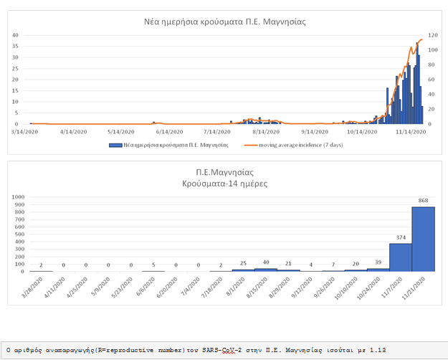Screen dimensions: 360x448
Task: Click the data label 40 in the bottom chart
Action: click(x=265, y=262)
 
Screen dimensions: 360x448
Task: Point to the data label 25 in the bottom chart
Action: click(x=243, y=264)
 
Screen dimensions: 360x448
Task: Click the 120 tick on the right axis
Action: click(x=433, y=35)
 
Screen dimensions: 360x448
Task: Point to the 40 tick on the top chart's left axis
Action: click(x=15, y=35)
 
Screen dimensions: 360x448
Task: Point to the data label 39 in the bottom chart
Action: click(x=378, y=262)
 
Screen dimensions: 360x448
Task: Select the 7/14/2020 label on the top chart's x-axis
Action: click(x=218, y=132)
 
